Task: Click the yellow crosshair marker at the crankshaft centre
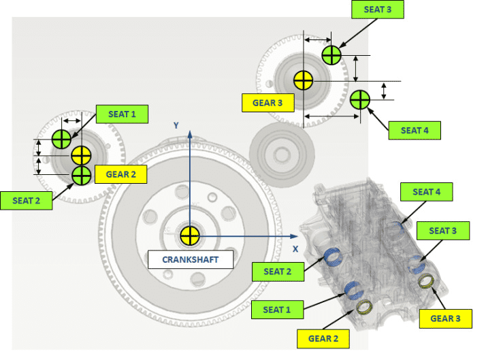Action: [x=189, y=237]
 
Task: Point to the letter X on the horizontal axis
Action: [x=295, y=248]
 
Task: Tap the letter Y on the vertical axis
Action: [x=175, y=125]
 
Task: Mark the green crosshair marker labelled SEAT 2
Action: [x=81, y=175]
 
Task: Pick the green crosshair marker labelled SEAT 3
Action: [x=331, y=55]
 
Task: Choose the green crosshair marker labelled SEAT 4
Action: [x=359, y=100]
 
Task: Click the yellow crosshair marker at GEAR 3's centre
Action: [x=303, y=80]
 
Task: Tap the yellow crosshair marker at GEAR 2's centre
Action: [x=81, y=154]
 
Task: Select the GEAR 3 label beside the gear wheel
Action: [x=268, y=103]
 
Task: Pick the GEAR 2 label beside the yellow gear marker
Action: [x=122, y=174]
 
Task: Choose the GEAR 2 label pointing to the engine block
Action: [x=323, y=338]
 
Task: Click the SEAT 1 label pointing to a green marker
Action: [x=123, y=114]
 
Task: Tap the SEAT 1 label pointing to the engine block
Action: [x=278, y=310]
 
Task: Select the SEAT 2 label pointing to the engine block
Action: [x=278, y=272]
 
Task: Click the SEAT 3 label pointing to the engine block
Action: [x=443, y=231]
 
